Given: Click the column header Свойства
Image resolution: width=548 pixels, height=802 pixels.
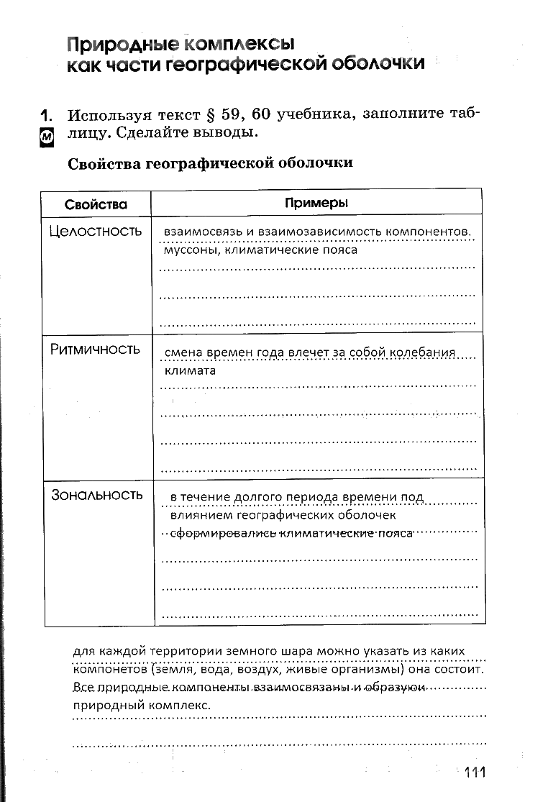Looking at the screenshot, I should click(x=96, y=204).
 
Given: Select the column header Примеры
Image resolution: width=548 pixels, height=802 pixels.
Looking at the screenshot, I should click(x=316, y=203).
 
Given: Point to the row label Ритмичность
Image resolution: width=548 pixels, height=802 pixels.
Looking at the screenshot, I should click(x=95, y=350).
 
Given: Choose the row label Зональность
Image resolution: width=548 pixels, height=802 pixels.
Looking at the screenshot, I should click(x=97, y=495).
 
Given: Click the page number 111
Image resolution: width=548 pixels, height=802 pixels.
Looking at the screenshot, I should click(x=475, y=773).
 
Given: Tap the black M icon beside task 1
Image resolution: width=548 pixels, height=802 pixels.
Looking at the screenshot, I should click(x=46, y=138).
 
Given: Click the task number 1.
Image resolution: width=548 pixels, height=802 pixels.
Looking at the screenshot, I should click(x=47, y=115).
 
